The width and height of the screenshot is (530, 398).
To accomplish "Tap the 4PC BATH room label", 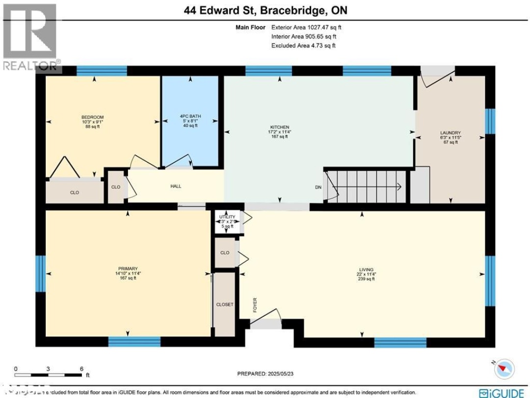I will point(190,116).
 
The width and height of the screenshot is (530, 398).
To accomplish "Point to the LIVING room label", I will point(366,270).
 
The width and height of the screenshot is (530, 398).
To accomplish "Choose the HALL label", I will point(176,186).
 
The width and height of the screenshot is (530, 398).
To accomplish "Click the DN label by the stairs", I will point(318,187).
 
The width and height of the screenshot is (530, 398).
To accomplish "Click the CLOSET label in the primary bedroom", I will point(225,305).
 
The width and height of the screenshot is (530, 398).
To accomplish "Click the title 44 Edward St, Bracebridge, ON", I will point(265,11).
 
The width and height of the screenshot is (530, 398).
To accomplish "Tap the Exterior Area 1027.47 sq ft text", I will point(306,28).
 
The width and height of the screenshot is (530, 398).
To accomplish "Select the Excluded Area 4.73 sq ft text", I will point(303,45).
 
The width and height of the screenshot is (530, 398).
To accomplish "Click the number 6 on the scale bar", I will point(81,368).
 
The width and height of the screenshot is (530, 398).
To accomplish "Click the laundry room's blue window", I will point(489,121).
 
